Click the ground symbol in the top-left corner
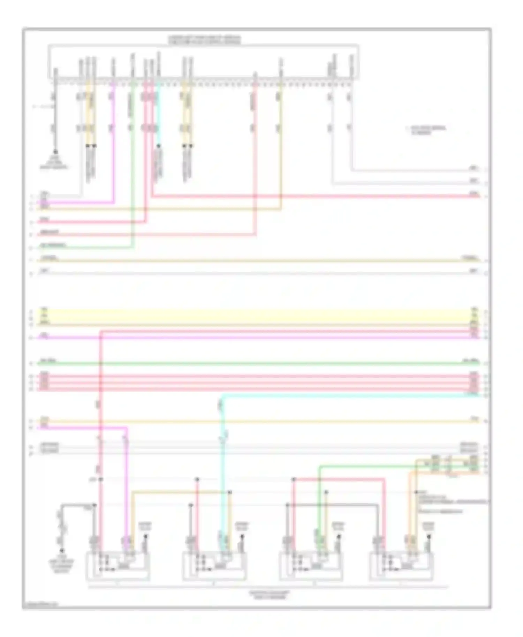pos(55,152)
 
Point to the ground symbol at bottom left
pos(62,551)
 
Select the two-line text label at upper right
pos(426,130)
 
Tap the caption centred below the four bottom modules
pos(269,594)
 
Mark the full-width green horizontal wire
pos(258,363)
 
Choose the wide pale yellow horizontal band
pos(258,316)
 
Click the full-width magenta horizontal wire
pos(258,338)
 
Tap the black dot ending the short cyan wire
pos(159,146)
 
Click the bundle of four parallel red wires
pos(258,383)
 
